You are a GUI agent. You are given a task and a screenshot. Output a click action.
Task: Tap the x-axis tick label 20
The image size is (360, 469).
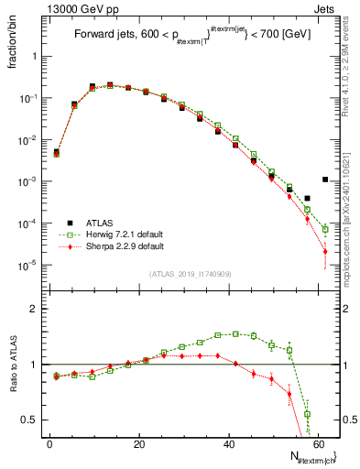click(139, 444)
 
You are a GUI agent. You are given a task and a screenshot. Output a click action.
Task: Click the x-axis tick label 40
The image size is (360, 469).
click(229, 444)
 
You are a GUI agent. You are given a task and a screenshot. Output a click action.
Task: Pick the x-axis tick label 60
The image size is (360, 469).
click(318, 444)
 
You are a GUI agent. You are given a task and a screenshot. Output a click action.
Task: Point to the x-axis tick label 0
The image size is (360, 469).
click(50, 444)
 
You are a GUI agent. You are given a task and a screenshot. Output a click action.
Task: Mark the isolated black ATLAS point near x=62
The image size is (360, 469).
click(325, 180)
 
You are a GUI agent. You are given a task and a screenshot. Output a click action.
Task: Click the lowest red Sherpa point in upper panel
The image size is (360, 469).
click(325, 252)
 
